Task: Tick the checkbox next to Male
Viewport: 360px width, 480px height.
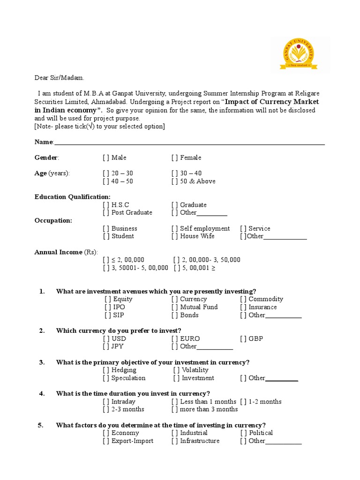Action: (x=105, y=158)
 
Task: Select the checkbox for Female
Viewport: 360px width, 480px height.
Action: (x=174, y=158)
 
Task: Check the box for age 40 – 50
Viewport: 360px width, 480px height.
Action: (x=105, y=181)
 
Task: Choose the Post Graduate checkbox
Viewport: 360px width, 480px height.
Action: (x=105, y=213)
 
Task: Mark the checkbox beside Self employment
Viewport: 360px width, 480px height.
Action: (x=174, y=229)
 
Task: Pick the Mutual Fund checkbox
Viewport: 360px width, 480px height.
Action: (x=174, y=307)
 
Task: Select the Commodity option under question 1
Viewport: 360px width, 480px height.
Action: (x=266, y=299)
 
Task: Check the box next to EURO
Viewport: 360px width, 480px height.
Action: (x=174, y=339)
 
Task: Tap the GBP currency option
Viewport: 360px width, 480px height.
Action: (x=255, y=339)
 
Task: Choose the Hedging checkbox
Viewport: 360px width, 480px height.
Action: (x=105, y=370)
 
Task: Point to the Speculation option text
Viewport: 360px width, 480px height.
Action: (x=128, y=378)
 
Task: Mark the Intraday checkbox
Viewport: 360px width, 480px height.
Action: (x=105, y=402)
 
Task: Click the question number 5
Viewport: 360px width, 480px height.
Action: (x=41, y=426)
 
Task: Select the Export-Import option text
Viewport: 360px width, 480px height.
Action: (x=132, y=441)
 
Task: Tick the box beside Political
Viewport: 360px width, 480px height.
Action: (x=243, y=433)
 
